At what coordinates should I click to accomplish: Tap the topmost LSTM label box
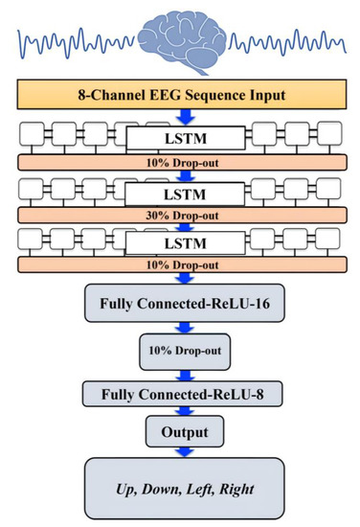pyautogui.click(x=179, y=141)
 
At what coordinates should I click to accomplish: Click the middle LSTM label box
pyautogui.click(x=179, y=195)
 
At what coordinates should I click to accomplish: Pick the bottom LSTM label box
pyautogui.click(x=179, y=246)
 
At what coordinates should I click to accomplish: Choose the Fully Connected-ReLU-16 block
pyautogui.click(x=181, y=306)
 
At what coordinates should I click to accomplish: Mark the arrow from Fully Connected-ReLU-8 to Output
pyautogui.click(x=181, y=410)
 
